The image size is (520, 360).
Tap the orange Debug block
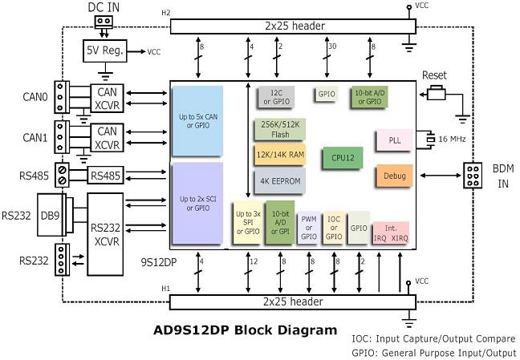(394, 176)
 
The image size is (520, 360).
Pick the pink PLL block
(394, 140)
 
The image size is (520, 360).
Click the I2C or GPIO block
(274, 97)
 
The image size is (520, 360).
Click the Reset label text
(433, 75)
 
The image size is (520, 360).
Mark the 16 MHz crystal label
(453, 140)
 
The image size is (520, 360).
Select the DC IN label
(104, 7)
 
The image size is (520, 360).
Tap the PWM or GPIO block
(308, 227)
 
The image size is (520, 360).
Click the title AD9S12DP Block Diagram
(246, 330)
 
